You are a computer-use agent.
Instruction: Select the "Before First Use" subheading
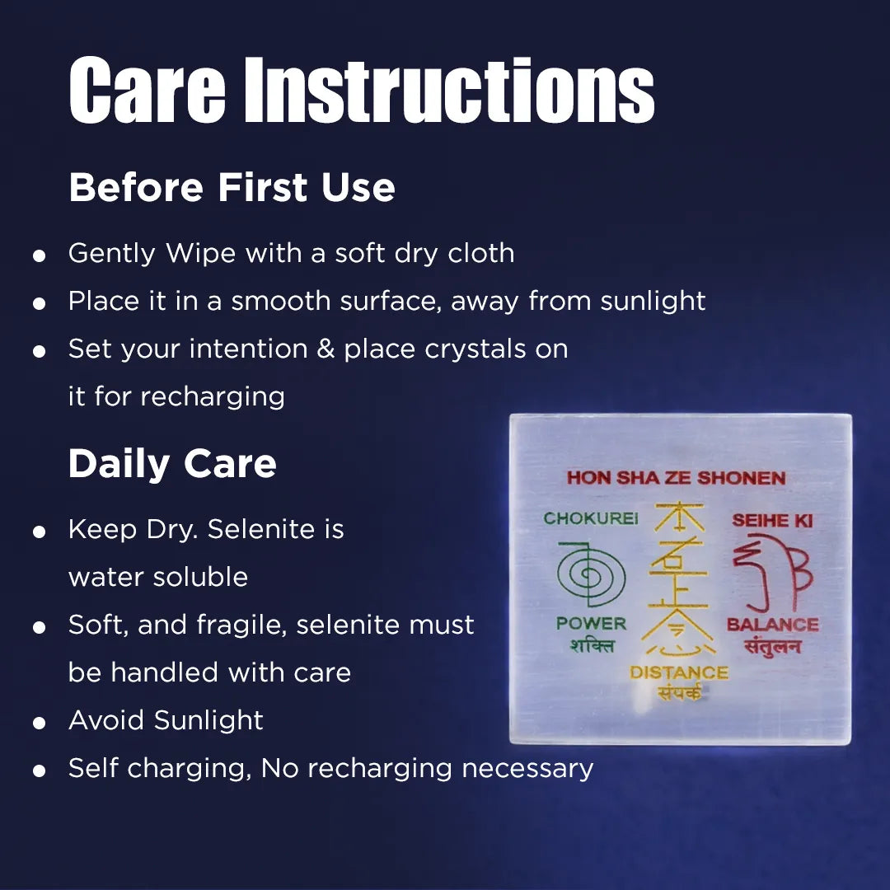click(232, 187)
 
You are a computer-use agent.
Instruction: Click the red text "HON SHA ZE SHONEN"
click(676, 478)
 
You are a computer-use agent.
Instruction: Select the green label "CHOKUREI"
click(590, 519)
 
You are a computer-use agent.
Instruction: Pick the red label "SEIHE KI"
click(772, 521)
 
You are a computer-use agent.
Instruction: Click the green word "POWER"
click(591, 624)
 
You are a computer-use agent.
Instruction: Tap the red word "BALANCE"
click(772, 625)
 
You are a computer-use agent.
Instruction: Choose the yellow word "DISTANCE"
click(679, 672)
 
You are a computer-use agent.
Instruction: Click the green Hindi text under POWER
click(592, 645)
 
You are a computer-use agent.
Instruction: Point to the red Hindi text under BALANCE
click(772, 646)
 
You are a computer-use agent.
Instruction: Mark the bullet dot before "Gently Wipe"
click(39, 255)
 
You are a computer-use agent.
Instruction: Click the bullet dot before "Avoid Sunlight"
click(39, 724)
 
